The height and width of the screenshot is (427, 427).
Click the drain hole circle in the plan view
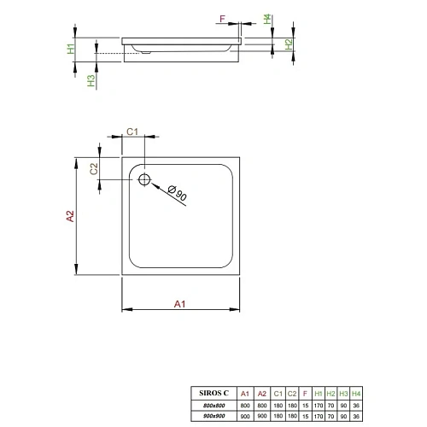143,179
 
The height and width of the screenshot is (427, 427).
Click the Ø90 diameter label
178,194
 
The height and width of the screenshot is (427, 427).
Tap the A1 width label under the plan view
180,303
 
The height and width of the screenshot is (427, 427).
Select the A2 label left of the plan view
72,217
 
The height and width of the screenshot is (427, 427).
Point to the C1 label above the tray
132,132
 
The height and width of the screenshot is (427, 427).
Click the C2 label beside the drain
97,168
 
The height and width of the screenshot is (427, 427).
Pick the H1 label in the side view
73,50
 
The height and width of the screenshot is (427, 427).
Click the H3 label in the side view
91,81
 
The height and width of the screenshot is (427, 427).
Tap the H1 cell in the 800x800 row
319,405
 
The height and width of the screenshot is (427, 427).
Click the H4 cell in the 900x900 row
357,416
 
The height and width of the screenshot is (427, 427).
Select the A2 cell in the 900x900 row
262,416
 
